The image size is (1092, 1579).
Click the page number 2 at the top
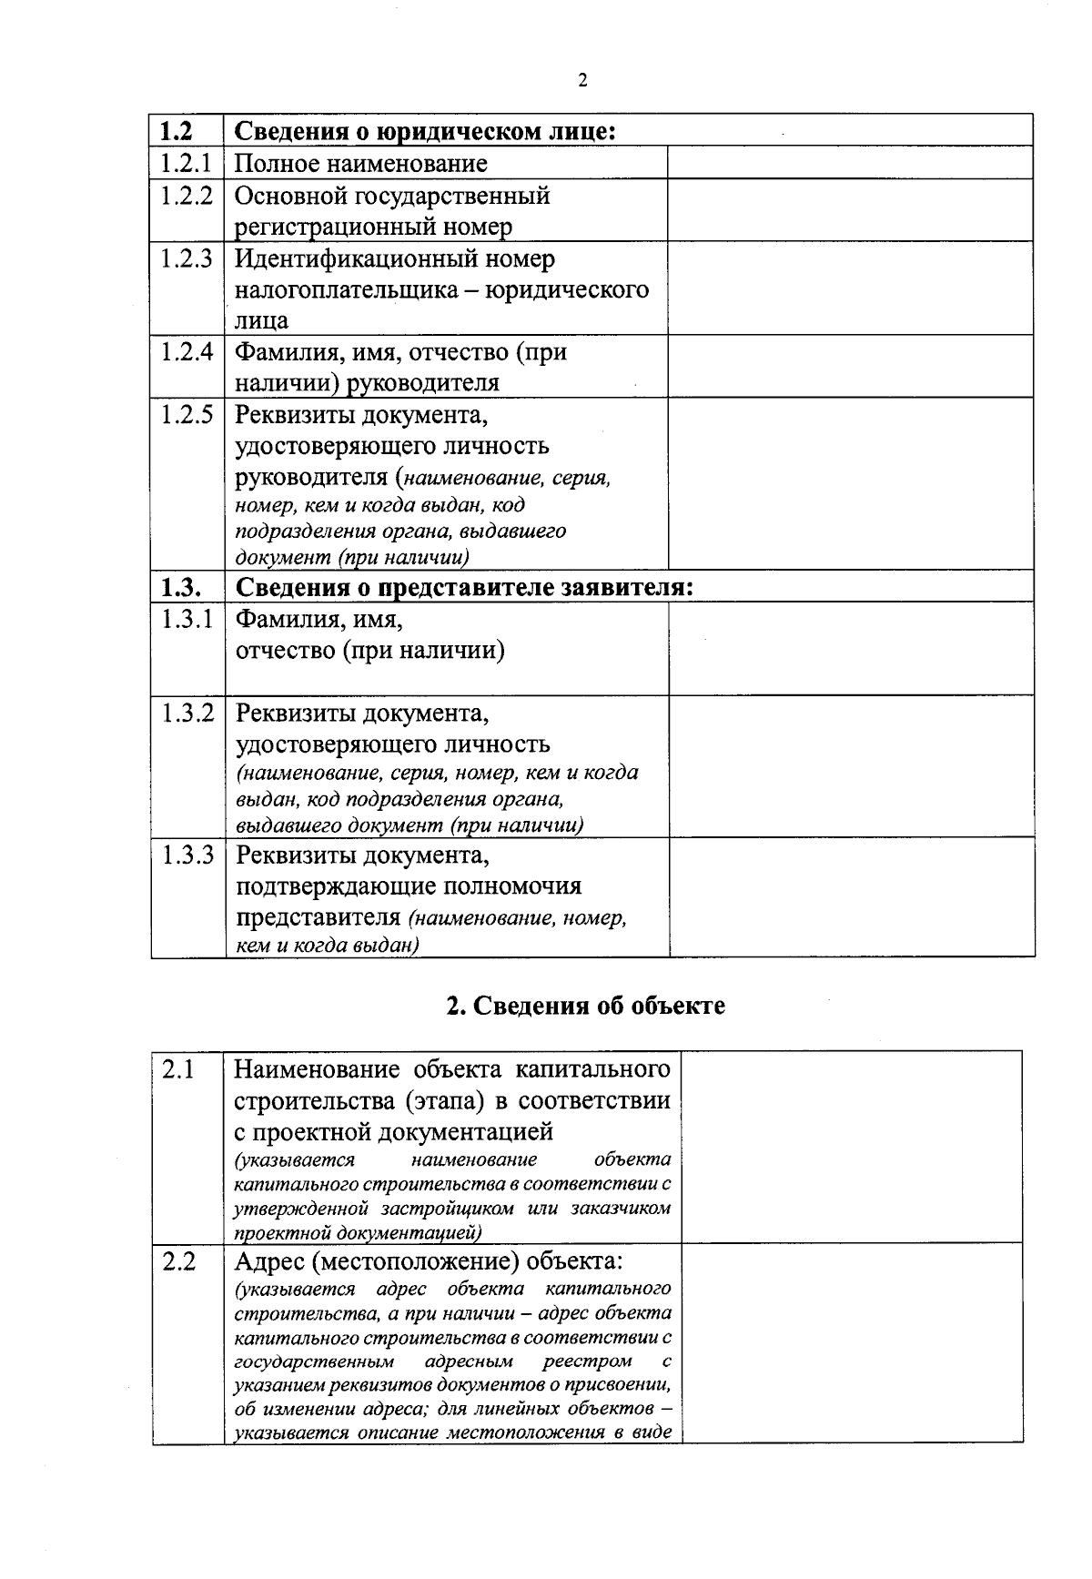point(582,81)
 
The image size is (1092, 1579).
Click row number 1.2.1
point(187,164)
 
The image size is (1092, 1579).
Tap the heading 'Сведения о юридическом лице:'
point(426,131)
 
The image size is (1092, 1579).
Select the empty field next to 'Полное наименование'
point(850,163)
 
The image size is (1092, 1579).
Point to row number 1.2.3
point(187,259)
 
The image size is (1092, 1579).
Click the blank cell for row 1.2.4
point(850,366)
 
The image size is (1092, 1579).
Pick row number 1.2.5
point(187,415)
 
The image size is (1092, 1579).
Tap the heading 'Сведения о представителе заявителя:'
point(464,587)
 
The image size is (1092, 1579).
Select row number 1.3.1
point(187,620)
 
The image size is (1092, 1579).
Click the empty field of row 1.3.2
point(851,766)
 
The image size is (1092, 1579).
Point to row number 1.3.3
point(187,855)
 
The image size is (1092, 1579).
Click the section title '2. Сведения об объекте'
point(586,1006)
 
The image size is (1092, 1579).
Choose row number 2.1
point(178,1070)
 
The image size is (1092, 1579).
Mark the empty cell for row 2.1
point(851,1147)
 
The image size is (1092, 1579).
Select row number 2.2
point(178,1263)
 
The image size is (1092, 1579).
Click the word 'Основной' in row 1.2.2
point(288,196)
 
